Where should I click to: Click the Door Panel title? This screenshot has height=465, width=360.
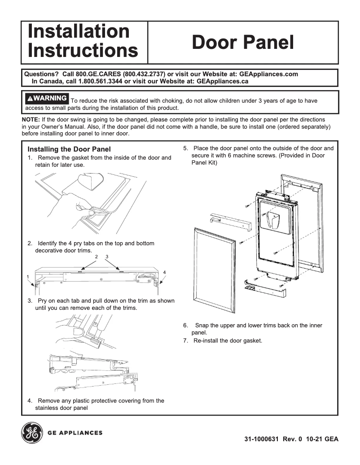[243, 43]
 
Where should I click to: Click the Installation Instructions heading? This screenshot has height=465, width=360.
[83, 41]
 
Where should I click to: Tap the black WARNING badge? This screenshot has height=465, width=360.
[47, 98]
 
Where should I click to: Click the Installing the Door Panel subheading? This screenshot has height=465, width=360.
[69, 149]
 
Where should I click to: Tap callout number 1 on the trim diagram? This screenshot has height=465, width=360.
[28, 276]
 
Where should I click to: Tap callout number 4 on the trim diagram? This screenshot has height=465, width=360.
[164, 272]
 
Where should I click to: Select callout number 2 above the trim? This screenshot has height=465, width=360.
[97, 256]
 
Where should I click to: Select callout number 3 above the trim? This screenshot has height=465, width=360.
[107, 256]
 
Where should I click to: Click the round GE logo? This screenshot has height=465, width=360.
[32, 433]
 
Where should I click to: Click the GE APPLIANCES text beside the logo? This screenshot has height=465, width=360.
[75, 433]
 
